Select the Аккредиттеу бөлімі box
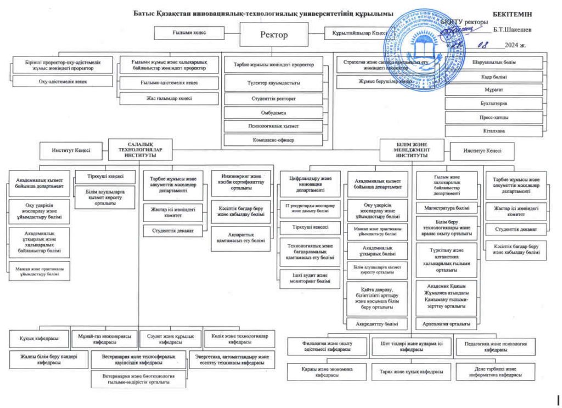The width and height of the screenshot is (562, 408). (377, 324)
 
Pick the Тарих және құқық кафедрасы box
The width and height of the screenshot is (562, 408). (407, 371)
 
